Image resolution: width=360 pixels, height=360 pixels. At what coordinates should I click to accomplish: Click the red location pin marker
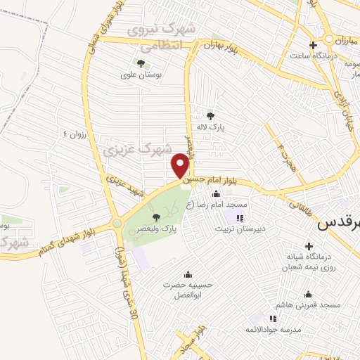pyautogui.click(x=180, y=166)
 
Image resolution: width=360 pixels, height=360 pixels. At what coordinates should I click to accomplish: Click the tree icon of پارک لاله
pyautogui.click(x=210, y=115)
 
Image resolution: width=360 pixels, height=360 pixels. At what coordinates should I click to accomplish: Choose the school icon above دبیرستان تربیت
pyautogui.click(x=240, y=218)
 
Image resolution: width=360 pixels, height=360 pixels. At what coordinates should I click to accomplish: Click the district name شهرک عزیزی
pyautogui.click(x=137, y=149)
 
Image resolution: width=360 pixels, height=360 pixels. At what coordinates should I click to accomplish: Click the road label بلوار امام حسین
pyautogui.click(x=216, y=181)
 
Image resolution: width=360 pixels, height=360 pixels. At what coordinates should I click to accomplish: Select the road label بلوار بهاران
pyautogui.click(x=217, y=45)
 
